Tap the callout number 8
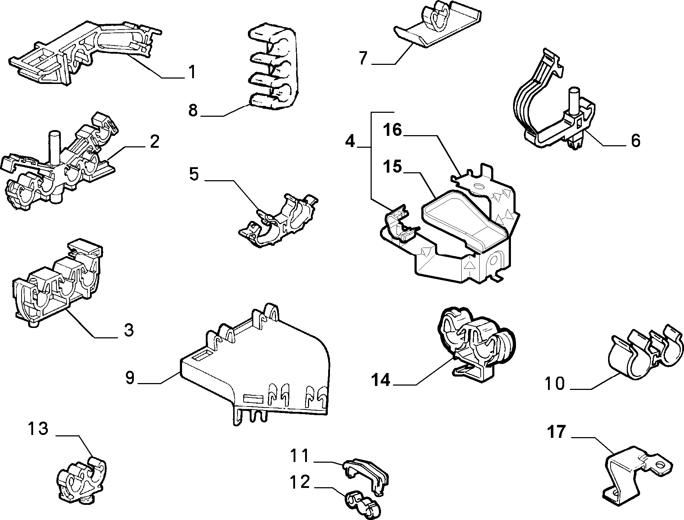click(x=193, y=110)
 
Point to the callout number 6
click(x=635, y=140)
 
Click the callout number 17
click(x=557, y=432)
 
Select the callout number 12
click(x=300, y=482)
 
